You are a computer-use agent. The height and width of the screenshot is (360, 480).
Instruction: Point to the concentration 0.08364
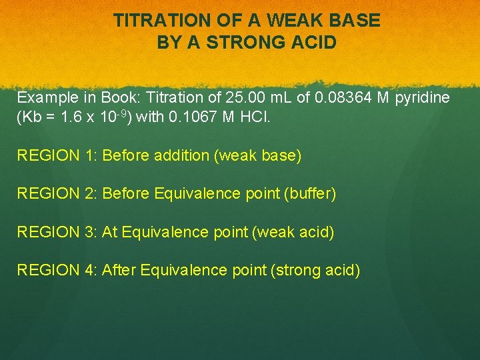[343, 98]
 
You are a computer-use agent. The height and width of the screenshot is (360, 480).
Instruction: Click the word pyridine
[423, 98]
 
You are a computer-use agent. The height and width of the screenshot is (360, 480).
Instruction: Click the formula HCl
[256, 117]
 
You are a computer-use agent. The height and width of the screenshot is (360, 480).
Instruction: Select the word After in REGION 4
[119, 270]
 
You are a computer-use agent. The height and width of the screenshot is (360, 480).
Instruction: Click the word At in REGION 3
[110, 232]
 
